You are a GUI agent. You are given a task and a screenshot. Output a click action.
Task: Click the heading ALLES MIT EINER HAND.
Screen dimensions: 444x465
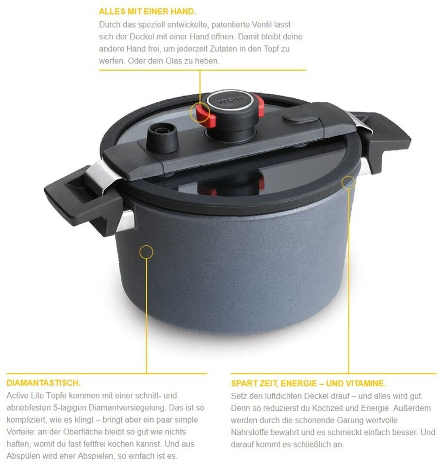[x=148, y=12]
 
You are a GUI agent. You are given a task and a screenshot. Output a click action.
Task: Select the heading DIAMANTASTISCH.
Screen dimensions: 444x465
[x=43, y=383]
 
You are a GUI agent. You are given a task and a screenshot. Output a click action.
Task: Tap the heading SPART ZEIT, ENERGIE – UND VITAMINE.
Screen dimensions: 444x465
[x=309, y=384]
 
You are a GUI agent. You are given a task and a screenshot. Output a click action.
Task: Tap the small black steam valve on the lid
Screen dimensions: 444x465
[x=162, y=137]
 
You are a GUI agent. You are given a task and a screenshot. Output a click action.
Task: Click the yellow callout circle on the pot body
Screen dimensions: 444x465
[x=146, y=252]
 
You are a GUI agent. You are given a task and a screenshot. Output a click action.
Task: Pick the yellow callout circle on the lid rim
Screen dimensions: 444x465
[x=348, y=182]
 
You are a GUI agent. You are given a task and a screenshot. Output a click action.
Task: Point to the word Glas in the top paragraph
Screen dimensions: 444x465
[x=173, y=61]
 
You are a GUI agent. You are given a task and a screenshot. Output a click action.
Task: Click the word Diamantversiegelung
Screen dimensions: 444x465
[x=129, y=407]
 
